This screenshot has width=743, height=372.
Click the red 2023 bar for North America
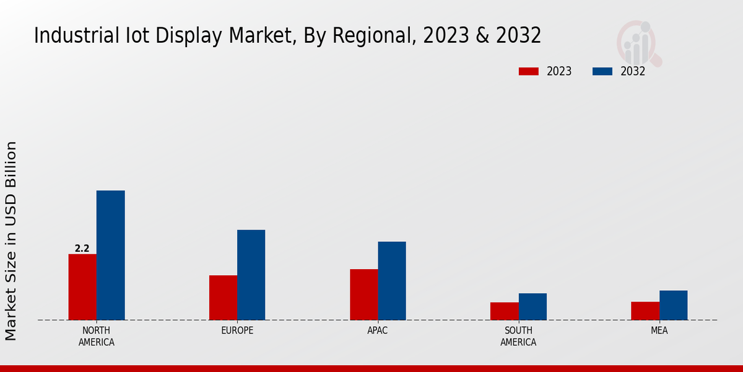click(82, 287)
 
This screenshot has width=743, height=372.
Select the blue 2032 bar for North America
click(110, 255)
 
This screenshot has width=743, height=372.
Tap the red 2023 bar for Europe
click(223, 298)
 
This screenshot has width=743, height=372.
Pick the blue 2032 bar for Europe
click(251, 275)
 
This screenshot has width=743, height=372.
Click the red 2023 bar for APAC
click(363, 294)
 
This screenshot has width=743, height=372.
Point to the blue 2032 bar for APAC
click(392, 281)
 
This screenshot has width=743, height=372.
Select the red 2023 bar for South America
click(504, 311)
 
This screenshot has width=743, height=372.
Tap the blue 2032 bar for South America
click(532, 307)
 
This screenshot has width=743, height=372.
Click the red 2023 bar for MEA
click(645, 311)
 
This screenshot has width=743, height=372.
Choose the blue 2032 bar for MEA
click(673, 305)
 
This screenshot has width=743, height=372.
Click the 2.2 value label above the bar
click(82, 249)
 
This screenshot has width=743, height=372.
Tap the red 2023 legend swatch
click(529, 71)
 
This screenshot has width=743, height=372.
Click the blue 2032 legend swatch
click(602, 71)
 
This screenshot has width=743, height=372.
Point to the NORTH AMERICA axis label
click(96, 336)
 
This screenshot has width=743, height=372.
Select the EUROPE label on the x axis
click(237, 330)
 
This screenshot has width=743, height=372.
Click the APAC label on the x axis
click(377, 330)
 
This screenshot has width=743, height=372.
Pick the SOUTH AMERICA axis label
click(518, 336)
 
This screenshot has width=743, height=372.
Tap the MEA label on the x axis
click(659, 330)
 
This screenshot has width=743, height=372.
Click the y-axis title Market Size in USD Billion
click(11, 241)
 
